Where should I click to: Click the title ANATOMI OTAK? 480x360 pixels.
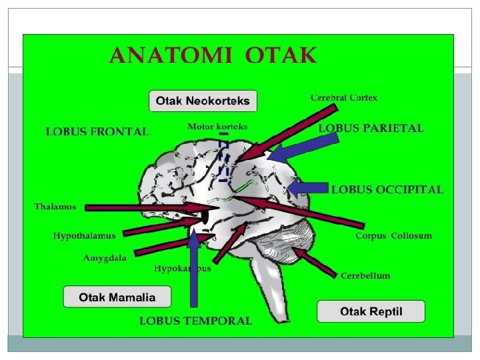(x=213, y=55)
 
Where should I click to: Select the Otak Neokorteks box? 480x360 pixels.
(x=203, y=101)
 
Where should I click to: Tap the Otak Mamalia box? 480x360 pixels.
(x=117, y=297)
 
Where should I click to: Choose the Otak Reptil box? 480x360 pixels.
(x=371, y=311)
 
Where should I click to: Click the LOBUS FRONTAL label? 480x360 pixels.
(x=97, y=132)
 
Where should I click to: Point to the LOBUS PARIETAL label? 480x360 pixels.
(x=371, y=128)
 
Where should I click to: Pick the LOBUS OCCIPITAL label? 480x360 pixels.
(x=387, y=189)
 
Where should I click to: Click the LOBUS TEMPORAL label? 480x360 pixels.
(x=195, y=321)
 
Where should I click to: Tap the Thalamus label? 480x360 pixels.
(x=55, y=207)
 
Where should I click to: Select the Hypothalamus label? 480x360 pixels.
(x=84, y=235)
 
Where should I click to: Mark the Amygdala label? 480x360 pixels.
(x=105, y=258)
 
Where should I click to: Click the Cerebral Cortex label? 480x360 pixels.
(x=343, y=98)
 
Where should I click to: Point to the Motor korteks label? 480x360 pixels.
(x=217, y=126)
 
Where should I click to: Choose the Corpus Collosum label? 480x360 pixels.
(x=393, y=235)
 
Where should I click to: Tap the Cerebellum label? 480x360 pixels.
(x=365, y=275)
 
